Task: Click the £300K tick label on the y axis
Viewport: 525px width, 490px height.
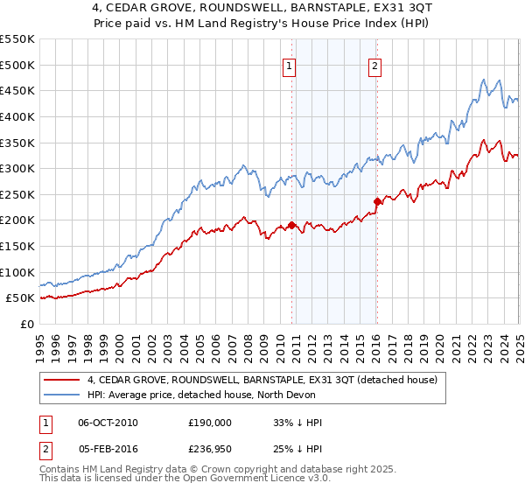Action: click(x=17, y=168)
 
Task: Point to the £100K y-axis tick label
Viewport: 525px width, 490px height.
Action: click(x=17, y=272)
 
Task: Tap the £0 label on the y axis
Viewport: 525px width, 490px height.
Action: click(x=27, y=324)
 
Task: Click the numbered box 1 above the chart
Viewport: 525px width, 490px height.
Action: click(x=289, y=63)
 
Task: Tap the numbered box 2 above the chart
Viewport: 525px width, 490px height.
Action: click(x=374, y=63)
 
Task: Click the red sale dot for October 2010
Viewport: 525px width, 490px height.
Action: click(x=291, y=225)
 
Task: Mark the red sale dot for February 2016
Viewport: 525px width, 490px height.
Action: click(x=377, y=201)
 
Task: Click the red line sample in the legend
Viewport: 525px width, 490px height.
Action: click(x=62, y=379)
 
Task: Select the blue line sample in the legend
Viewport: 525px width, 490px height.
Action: click(x=62, y=395)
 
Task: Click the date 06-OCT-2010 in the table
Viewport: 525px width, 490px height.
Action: click(x=108, y=422)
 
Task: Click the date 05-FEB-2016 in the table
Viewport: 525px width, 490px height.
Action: click(x=108, y=449)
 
